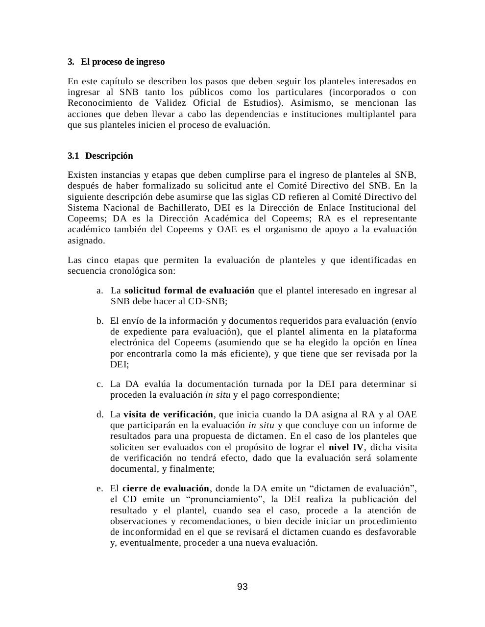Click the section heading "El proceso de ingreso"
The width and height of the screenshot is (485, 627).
[x=122, y=62]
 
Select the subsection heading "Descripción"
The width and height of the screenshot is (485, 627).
[x=109, y=156]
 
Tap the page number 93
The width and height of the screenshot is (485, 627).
[x=242, y=587]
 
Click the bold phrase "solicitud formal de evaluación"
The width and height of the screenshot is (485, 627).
[x=189, y=290]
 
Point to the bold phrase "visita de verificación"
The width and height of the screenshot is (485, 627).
[x=168, y=414]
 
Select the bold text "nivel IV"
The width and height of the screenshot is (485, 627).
[x=346, y=447]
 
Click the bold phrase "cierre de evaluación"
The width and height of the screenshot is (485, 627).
[x=166, y=488]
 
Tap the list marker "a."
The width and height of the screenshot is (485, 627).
[x=100, y=290]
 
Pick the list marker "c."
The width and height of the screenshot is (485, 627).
[x=100, y=384]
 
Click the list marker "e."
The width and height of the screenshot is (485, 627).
[x=100, y=488]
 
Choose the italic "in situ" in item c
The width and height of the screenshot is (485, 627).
[x=218, y=395]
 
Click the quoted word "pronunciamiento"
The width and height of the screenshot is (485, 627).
[x=224, y=499]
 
